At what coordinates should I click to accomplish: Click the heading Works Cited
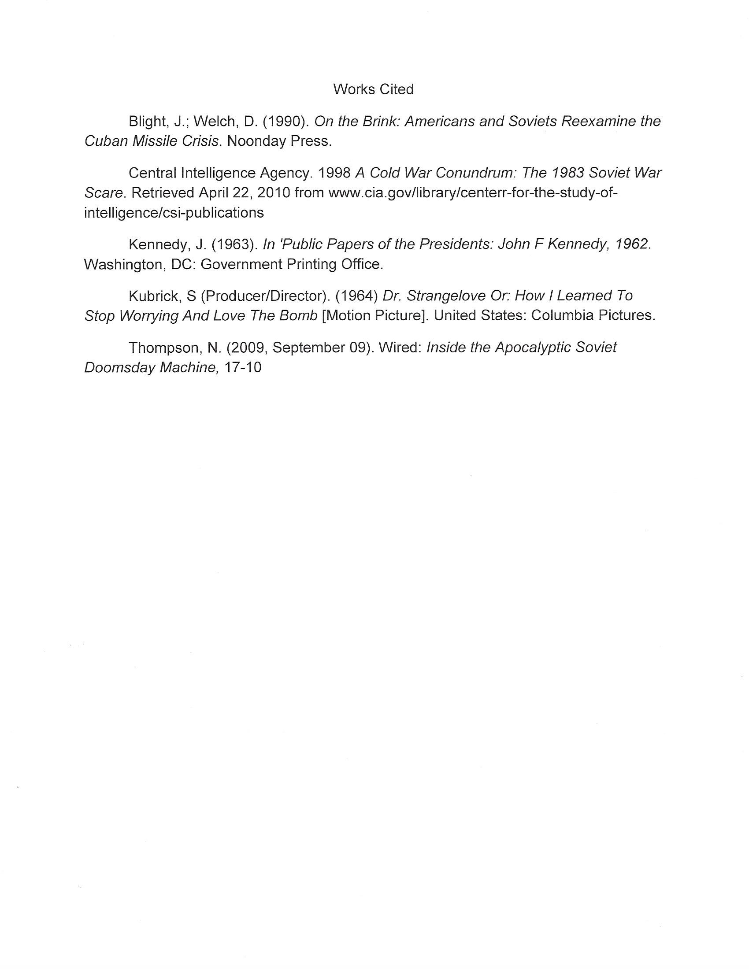[x=373, y=89]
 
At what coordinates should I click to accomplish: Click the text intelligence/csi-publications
[x=174, y=213]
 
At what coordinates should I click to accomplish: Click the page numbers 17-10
[x=243, y=367]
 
